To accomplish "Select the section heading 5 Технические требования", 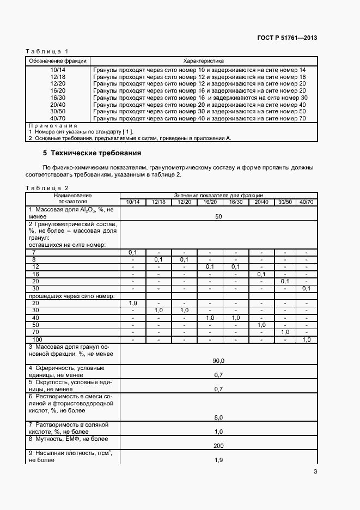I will click(92, 153).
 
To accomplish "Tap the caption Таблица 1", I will click(47, 51).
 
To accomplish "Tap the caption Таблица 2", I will click(47, 188).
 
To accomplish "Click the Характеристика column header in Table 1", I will click(204, 61).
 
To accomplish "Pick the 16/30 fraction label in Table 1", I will click(58, 98).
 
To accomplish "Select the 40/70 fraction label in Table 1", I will click(58, 118).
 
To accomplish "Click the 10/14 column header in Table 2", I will click(133, 202).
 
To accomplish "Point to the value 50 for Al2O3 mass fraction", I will click(218, 216).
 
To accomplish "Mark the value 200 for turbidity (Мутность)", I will click(218, 445).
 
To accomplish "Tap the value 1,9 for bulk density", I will click(218, 460).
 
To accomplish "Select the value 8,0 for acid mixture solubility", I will click(218, 417).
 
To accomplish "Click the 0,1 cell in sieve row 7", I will click(133, 252).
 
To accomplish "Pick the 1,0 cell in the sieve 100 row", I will click(307, 339).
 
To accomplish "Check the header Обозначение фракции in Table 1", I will click(58, 61).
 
